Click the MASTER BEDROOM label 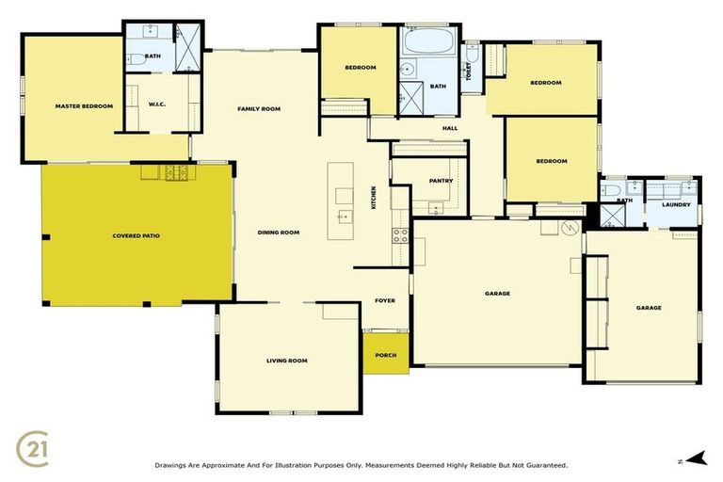[84, 106]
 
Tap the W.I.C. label [157, 104]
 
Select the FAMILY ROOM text [259, 109]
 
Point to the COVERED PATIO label [137, 234]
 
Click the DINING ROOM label [279, 233]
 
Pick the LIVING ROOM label [286, 361]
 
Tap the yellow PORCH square [386, 354]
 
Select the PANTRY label [441, 181]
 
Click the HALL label [450, 128]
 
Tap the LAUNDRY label [676, 204]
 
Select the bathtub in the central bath [430, 43]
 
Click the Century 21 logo [34, 444]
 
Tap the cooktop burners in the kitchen [400, 235]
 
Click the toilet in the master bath [136, 58]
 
